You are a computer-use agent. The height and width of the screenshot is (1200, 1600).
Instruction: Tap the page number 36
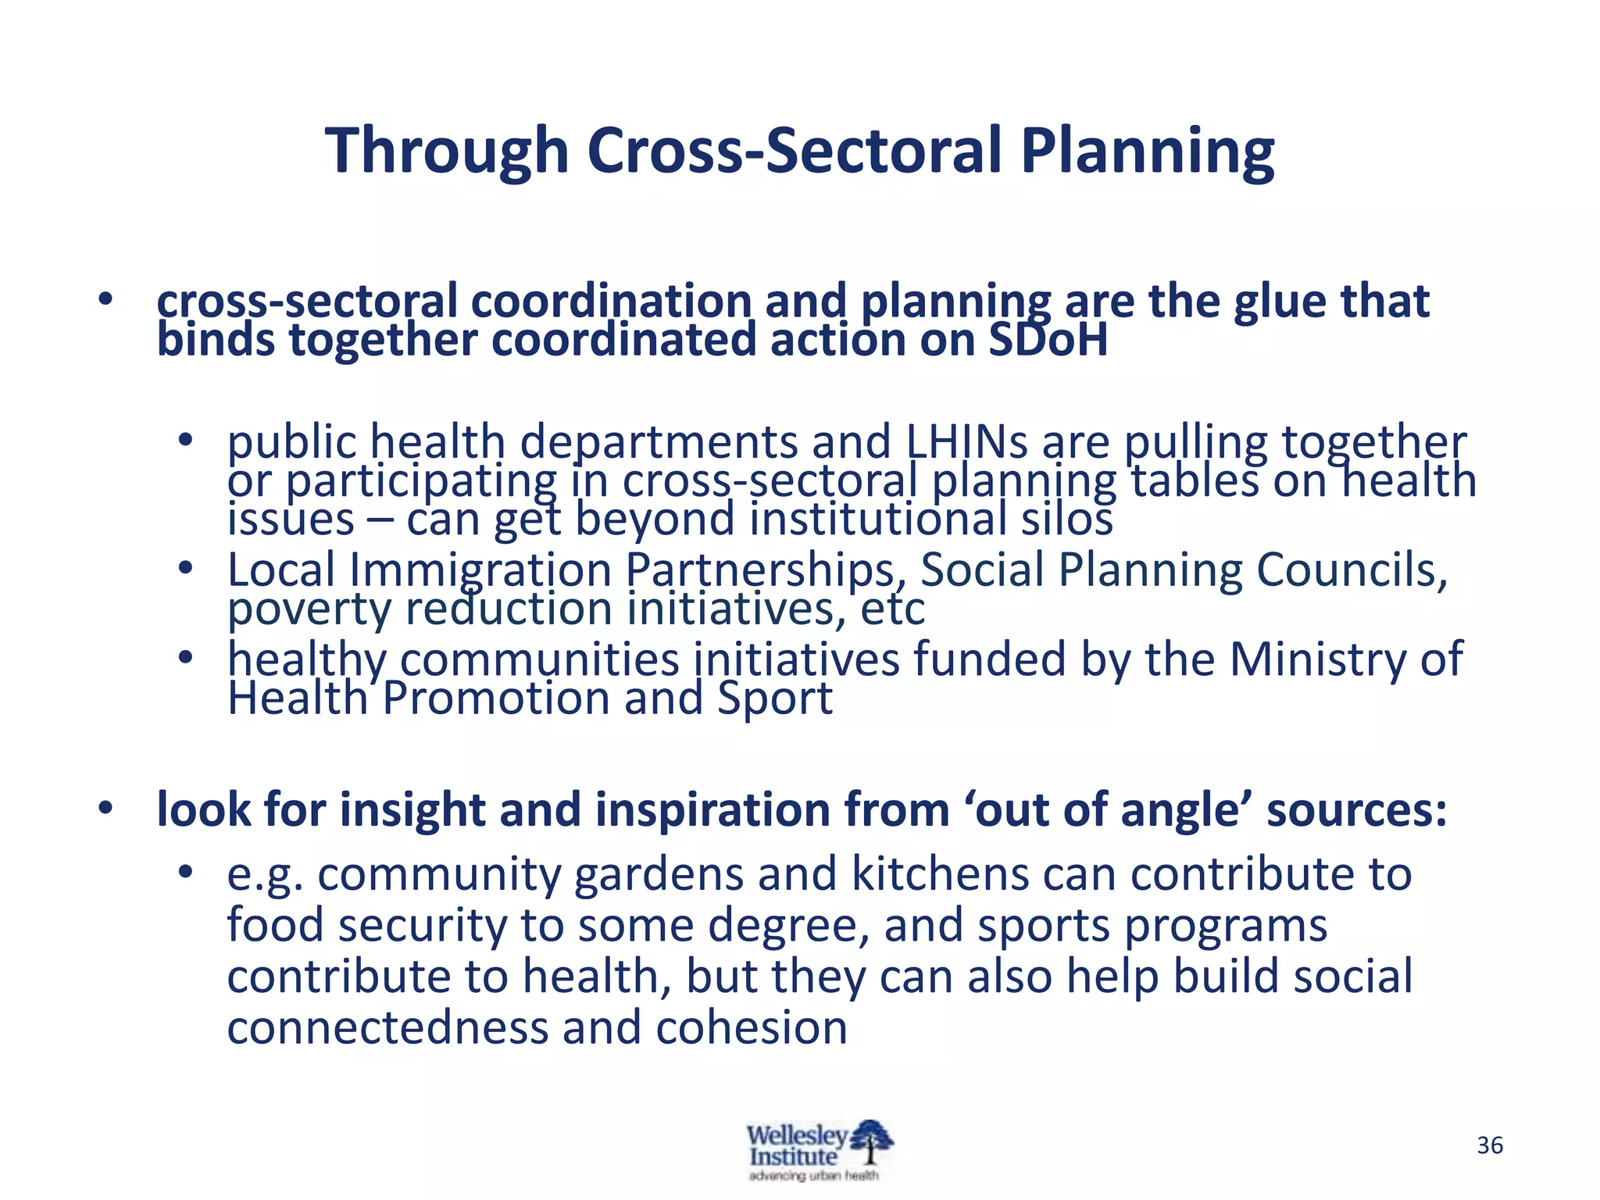coord(1490,1145)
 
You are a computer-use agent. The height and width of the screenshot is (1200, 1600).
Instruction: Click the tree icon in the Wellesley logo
coord(872,1141)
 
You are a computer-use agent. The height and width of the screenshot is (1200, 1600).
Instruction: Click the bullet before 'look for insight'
coord(106,808)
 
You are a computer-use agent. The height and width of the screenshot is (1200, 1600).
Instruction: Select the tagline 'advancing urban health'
coord(812,1176)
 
